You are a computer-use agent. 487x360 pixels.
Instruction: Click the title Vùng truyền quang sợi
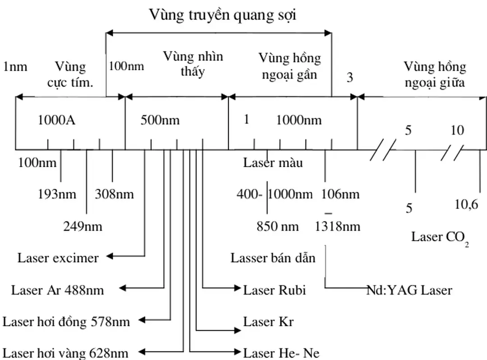click(223, 15)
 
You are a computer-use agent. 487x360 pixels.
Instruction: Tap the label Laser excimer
click(58, 258)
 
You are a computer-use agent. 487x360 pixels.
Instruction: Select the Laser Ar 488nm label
click(57, 290)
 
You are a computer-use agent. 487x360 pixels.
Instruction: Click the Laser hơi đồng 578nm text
click(66, 322)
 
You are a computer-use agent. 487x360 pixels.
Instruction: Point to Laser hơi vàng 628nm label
click(65, 353)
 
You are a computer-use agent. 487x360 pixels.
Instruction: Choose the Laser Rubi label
click(274, 290)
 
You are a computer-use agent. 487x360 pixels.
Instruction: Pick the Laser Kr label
click(268, 322)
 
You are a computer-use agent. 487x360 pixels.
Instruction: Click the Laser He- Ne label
click(281, 353)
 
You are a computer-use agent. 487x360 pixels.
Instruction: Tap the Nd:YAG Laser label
click(409, 290)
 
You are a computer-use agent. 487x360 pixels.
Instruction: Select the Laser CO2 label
click(440, 237)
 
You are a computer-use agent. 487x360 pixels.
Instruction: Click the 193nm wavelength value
click(57, 195)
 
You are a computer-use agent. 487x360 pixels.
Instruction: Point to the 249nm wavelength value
click(83, 226)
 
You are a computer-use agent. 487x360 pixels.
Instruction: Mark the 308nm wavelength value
click(114, 195)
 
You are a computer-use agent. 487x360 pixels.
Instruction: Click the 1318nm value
click(338, 226)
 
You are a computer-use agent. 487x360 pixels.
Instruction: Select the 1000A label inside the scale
click(56, 120)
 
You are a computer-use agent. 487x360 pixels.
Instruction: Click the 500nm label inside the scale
click(160, 120)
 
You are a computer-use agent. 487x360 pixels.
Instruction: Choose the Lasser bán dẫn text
click(273, 258)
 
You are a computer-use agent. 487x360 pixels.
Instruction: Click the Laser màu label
click(273, 163)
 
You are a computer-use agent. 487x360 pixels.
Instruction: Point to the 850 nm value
click(277, 226)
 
